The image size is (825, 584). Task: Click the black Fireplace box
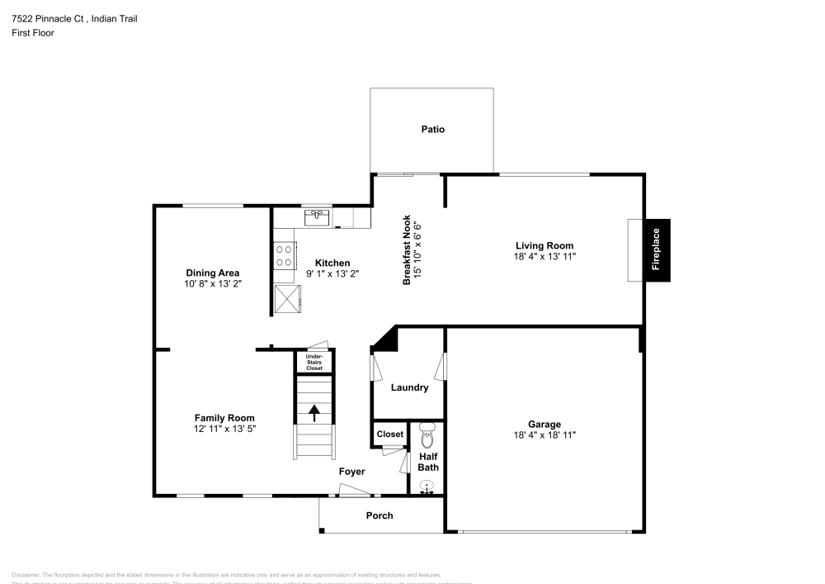tap(657, 250)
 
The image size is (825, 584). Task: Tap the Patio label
tap(432, 129)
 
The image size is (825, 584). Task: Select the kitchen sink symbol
tap(317, 217)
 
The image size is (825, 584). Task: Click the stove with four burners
tap(285, 255)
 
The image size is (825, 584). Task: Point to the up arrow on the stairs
tap(314, 412)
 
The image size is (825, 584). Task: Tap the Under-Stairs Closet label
tap(314, 362)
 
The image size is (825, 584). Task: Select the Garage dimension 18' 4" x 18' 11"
tap(544, 434)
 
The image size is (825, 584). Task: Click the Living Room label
tap(544, 245)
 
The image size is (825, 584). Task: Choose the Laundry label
tap(409, 387)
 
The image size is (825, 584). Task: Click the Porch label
tap(379, 515)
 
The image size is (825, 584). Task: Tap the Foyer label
tap(351, 472)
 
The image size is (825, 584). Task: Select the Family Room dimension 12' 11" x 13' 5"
tap(224, 430)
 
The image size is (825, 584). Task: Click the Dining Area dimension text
tap(212, 283)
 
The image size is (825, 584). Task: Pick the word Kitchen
tap(332, 263)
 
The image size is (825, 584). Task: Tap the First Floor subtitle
tap(33, 33)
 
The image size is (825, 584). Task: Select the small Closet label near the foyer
tap(389, 434)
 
